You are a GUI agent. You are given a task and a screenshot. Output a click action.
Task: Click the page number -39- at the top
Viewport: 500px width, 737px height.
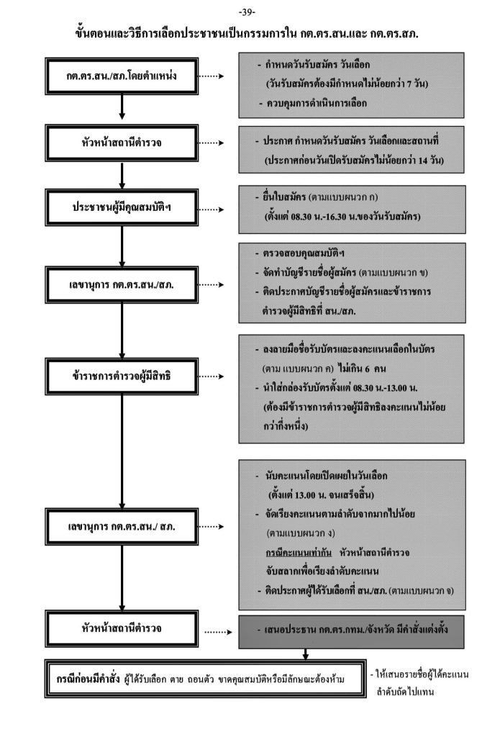250,12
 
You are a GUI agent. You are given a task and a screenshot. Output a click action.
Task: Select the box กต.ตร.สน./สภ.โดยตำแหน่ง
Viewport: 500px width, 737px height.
122,74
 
